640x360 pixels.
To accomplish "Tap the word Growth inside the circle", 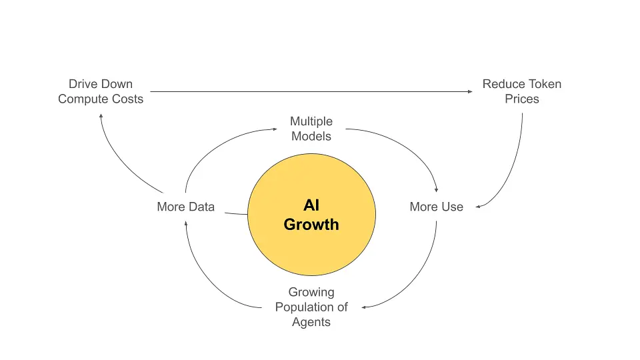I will point(311,225).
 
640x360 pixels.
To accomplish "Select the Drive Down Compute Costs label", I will point(101,91).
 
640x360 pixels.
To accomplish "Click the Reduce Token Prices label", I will point(522,91).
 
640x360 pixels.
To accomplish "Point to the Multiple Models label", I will point(311,129).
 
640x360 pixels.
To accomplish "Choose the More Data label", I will point(185,207).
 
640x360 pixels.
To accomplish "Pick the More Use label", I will point(436,207).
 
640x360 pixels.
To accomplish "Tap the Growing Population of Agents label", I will point(311,307).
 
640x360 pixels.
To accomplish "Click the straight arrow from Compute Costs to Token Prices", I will point(311,92).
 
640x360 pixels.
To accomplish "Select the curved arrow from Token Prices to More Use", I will point(516,167).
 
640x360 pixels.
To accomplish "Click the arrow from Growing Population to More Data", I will point(203,280).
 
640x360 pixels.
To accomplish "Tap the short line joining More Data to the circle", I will point(236,214).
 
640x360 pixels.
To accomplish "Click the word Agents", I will point(311,322).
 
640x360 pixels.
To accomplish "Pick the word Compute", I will point(81,99).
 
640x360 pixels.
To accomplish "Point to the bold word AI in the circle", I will point(311,206).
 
